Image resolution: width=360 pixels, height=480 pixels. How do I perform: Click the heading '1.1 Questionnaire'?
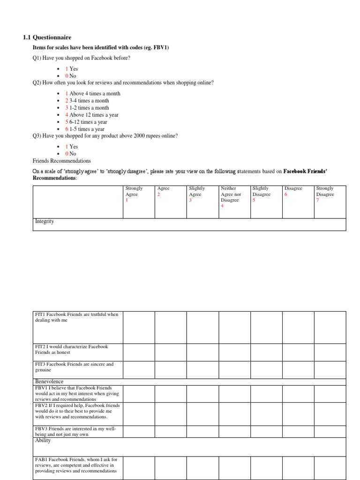47,37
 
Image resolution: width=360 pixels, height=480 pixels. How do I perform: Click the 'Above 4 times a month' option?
95,93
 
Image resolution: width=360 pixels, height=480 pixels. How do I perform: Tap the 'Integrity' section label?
45,221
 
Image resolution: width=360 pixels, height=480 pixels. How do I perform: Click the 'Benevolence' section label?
49,382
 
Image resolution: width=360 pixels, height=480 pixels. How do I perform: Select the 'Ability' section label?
43,441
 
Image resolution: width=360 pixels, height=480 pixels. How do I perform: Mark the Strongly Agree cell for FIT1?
139,327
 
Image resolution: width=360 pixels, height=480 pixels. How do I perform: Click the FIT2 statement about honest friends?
71,349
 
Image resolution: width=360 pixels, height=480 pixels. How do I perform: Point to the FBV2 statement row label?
77,411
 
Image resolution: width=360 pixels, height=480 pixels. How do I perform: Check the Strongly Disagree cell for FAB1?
330,468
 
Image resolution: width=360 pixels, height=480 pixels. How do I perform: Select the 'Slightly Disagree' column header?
261,191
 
